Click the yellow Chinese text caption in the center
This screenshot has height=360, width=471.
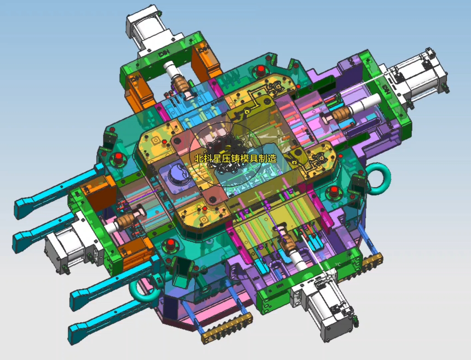pyautogui.click(x=235, y=158)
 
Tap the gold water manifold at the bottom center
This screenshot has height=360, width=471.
pyautogui.click(x=227, y=327)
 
